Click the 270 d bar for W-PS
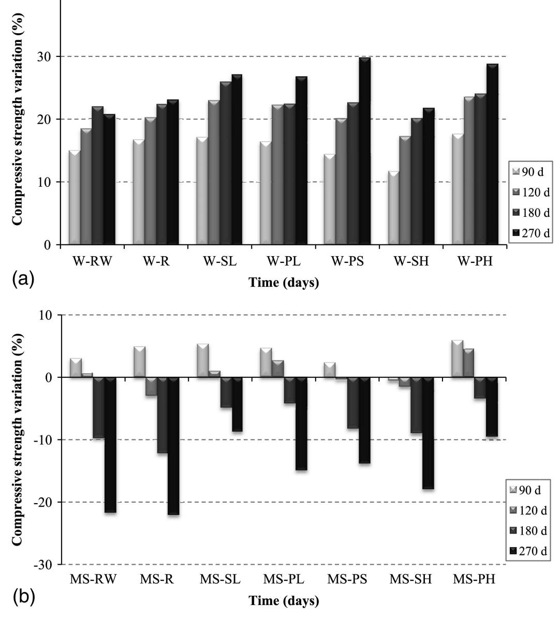tap(364, 151)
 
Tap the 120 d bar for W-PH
tap(470, 170)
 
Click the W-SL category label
tap(219, 261)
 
